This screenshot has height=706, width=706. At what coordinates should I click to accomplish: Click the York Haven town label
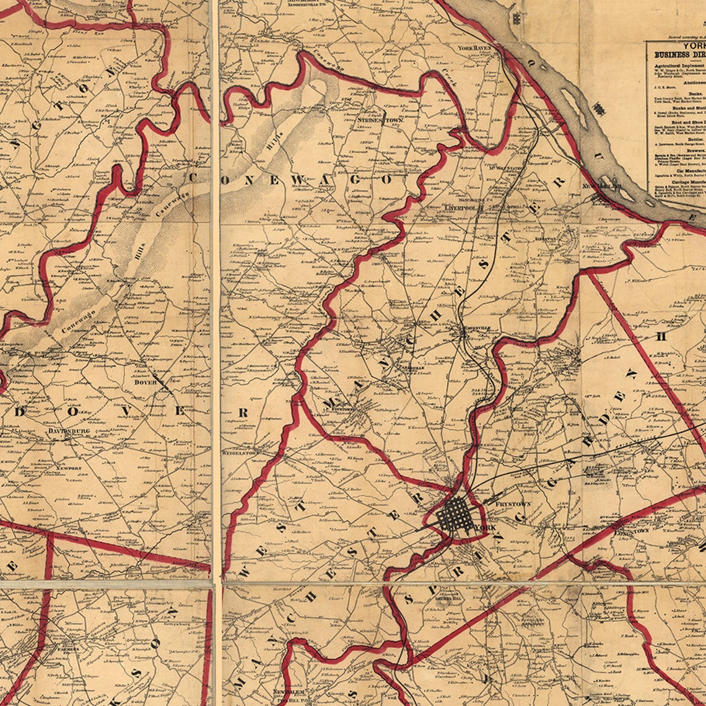[x=474, y=48]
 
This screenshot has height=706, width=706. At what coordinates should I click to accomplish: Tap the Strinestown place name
[x=380, y=120]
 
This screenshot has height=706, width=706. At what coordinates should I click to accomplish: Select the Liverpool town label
[x=460, y=209]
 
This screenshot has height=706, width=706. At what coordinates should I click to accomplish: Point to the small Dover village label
[x=146, y=382]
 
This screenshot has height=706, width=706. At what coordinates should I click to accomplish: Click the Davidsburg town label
[x=69, y=430]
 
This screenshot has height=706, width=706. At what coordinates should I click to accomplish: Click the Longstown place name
[x=631, y=531]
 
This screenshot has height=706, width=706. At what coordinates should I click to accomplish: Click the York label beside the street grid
[x=482, y=528]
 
